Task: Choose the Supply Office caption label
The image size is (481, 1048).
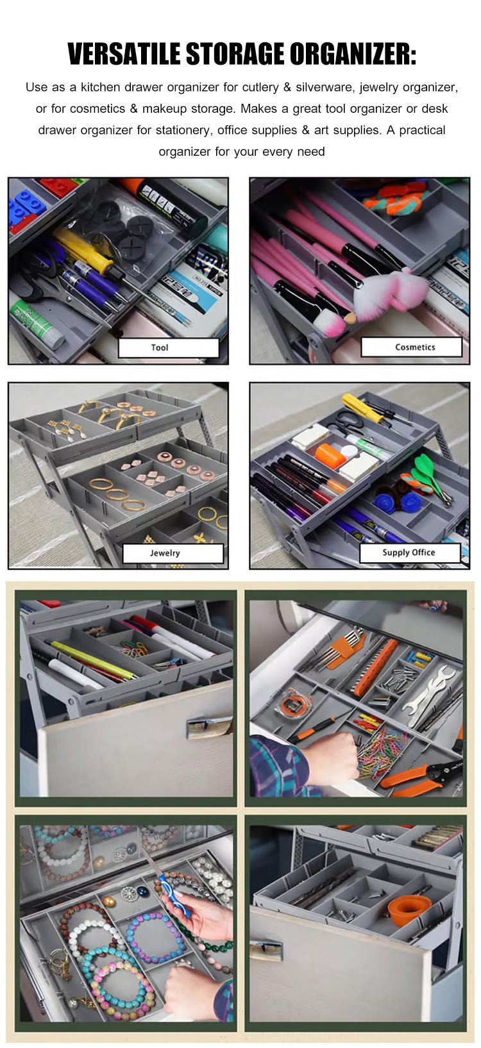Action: point(410,553)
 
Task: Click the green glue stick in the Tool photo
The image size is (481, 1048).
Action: point(37,324)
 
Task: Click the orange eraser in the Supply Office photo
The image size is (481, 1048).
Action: point(331,456)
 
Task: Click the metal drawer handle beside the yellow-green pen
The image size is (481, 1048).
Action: point(209,725)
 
